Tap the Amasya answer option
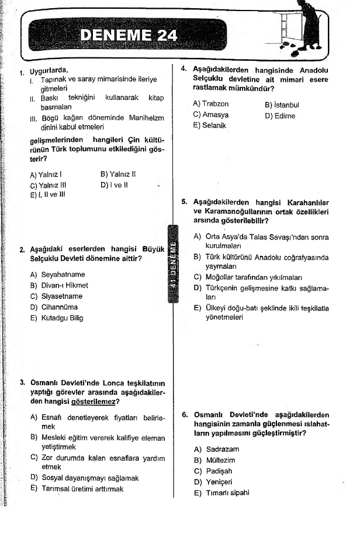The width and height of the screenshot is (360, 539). [210, 115]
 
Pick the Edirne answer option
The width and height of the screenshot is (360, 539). [280, 116]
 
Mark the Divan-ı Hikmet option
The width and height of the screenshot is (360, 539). [59, 285]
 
